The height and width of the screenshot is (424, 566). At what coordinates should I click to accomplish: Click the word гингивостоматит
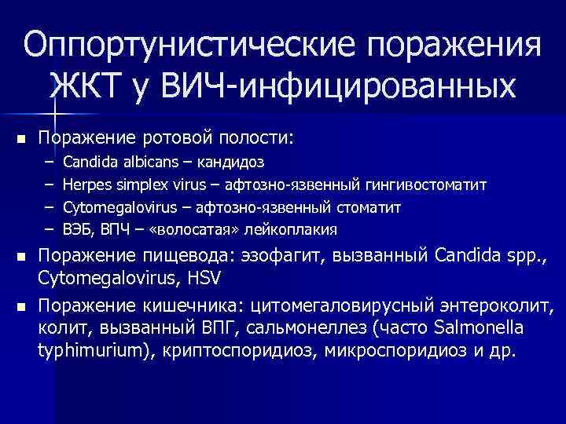425,185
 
